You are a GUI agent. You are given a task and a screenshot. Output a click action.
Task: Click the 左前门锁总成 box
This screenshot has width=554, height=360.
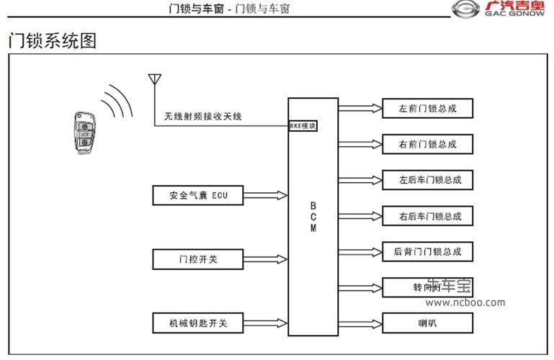tap(427, 109)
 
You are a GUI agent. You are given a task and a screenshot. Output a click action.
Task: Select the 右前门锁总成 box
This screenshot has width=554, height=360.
tap(427, 144)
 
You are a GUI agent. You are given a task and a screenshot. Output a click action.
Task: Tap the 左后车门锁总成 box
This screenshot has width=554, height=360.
tap(427, 180)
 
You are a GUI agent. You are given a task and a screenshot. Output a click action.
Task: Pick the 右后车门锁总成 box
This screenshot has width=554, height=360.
tap(427, 216)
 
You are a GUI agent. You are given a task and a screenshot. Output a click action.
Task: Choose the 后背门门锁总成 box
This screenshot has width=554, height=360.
tap(427, 252)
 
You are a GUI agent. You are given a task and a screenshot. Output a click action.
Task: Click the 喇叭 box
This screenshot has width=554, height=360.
tap(427, 323)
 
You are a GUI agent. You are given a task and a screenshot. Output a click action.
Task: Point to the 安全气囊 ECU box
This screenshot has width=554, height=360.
tap(198, 195)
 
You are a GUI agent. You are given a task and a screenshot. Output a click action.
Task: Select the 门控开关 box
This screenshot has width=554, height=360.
tap(198, 258)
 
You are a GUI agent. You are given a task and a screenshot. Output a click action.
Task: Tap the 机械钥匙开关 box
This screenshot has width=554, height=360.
tap(198, 323)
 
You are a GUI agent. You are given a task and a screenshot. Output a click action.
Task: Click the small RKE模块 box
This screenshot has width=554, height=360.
tap(303, 126)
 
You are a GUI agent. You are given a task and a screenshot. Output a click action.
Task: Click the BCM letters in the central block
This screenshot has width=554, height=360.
tap(313, 217)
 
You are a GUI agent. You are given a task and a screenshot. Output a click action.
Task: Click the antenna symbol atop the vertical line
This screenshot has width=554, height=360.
tap(153, 78)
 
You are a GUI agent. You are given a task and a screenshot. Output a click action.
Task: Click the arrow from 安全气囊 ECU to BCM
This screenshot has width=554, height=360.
tap(266, 195)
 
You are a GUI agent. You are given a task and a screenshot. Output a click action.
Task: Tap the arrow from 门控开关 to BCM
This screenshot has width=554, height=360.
tap(266, 258)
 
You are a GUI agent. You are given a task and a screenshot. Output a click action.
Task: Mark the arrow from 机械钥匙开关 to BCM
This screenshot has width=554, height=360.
tap(266, 323)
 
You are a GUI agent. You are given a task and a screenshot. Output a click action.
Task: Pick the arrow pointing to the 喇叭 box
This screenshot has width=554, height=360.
tap(359, 323)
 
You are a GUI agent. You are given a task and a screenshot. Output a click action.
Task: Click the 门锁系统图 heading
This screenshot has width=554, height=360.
tap(52, 40)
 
